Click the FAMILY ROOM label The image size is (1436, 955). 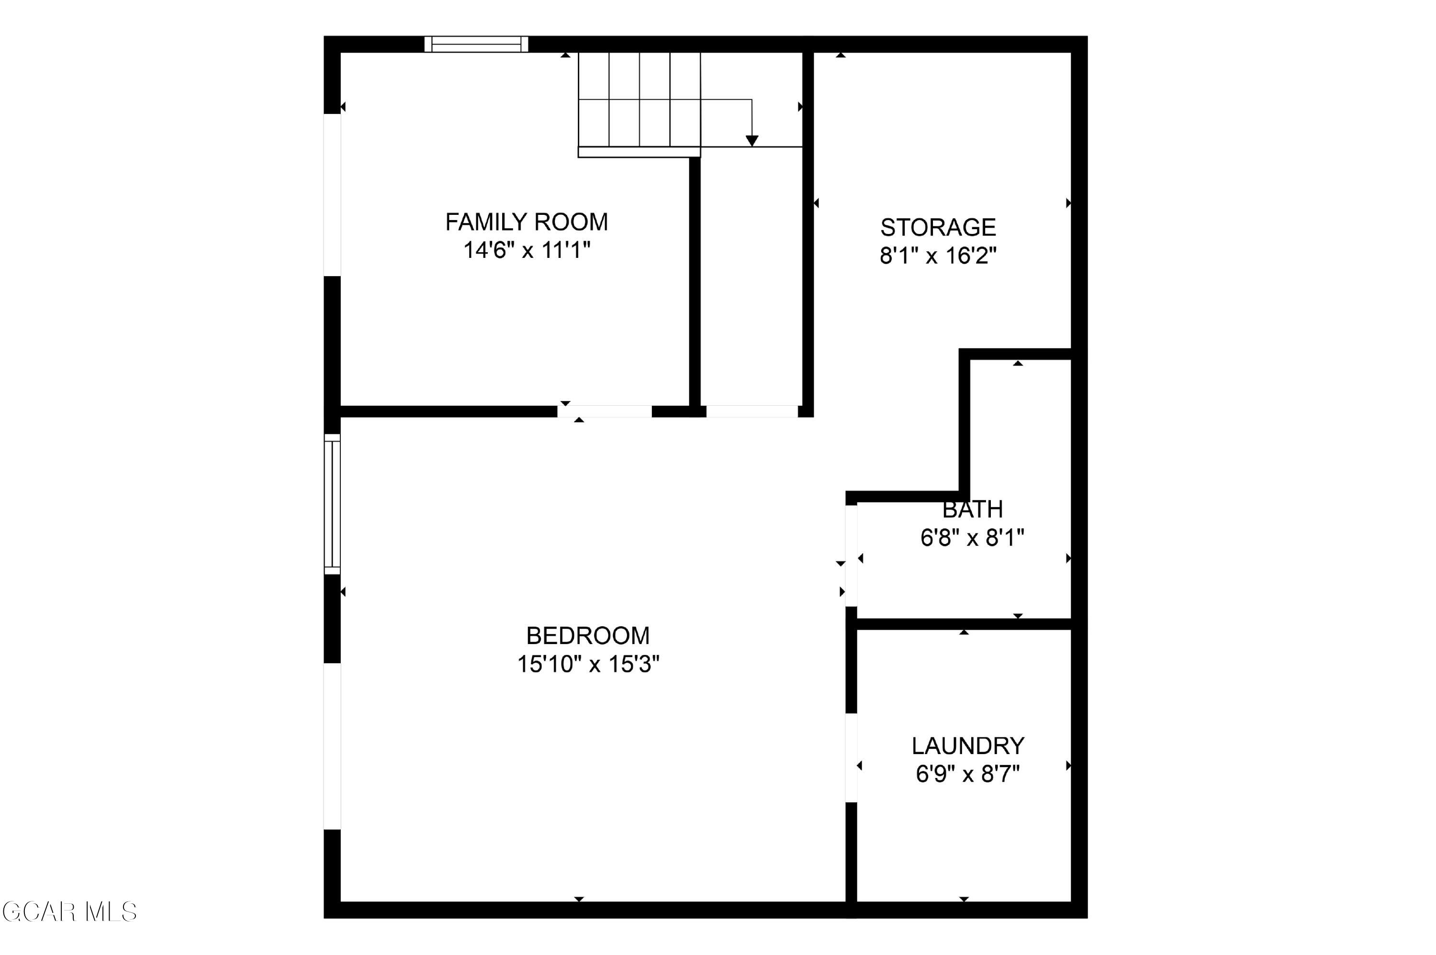coord(527,222)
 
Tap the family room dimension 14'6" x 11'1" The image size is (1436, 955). coord(527,250)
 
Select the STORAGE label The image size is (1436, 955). coord(938,227)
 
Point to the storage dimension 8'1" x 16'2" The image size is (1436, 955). coord(938,255)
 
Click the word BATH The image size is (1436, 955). coord(972,509)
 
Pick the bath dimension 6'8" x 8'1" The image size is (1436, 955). coord(972,538)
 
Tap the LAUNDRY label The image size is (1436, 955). coord(968,745)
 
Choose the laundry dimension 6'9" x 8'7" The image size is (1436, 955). coord(968,774)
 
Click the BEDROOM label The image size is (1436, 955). coord(588,636)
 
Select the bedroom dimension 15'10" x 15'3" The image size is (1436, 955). coord(588,664)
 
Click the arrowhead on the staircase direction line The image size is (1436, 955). coord(752,141)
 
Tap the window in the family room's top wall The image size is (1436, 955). coord(476,44)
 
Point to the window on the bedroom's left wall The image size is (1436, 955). coord(332,504)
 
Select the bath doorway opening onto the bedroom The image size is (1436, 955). coord(851,555)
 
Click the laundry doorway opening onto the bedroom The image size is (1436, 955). coord(851,758)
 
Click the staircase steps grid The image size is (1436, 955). coord(639,100)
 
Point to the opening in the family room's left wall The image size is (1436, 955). coord(332,195)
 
